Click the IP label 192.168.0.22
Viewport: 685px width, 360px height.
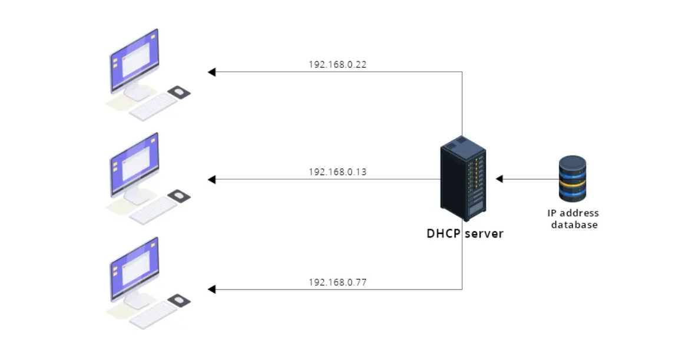tap(337, 64)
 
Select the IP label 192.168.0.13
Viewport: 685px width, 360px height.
tap(337, 172)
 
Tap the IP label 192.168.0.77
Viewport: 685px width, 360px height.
tap(337, 282)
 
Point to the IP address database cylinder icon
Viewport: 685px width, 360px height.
tap(573, 179)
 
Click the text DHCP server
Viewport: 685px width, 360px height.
tap(465, 233)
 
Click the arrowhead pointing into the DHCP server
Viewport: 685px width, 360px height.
tap(499, 179)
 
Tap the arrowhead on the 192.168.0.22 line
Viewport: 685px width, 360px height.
tap(212, 72)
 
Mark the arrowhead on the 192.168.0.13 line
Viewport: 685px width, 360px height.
tap(212, 179)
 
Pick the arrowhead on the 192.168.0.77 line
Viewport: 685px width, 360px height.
tap(212, 289)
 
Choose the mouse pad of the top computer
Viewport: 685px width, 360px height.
tap(179, 92)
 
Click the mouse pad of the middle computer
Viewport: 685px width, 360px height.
tap(179, 196)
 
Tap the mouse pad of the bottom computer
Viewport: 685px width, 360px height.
tap(179, 300)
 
